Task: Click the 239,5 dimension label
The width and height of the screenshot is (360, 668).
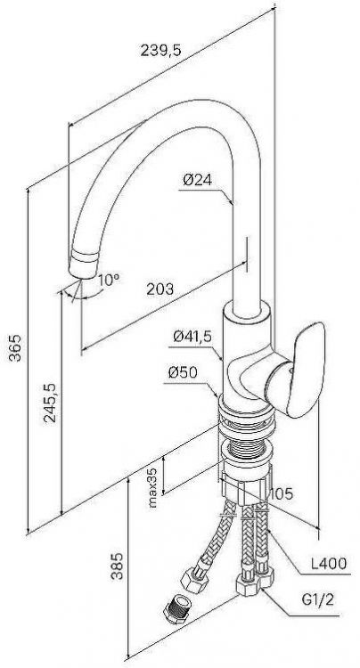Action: click(x=160, y=50)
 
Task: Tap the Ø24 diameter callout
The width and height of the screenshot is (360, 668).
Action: click(x=197, y=180)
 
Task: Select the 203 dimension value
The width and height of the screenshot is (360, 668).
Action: click(x=160, y=289)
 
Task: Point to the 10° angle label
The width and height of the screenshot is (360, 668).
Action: click(x=109, y=280)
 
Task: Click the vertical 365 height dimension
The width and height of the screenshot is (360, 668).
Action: click(x=16, y=347)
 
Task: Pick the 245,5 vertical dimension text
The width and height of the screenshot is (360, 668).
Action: click(x=49, y=403)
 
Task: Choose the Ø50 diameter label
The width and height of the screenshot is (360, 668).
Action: click(x=183, y=372)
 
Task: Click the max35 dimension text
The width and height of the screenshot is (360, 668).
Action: click(x=152, y=487)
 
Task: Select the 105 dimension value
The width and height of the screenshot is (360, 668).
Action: click(x=282, y=493)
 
